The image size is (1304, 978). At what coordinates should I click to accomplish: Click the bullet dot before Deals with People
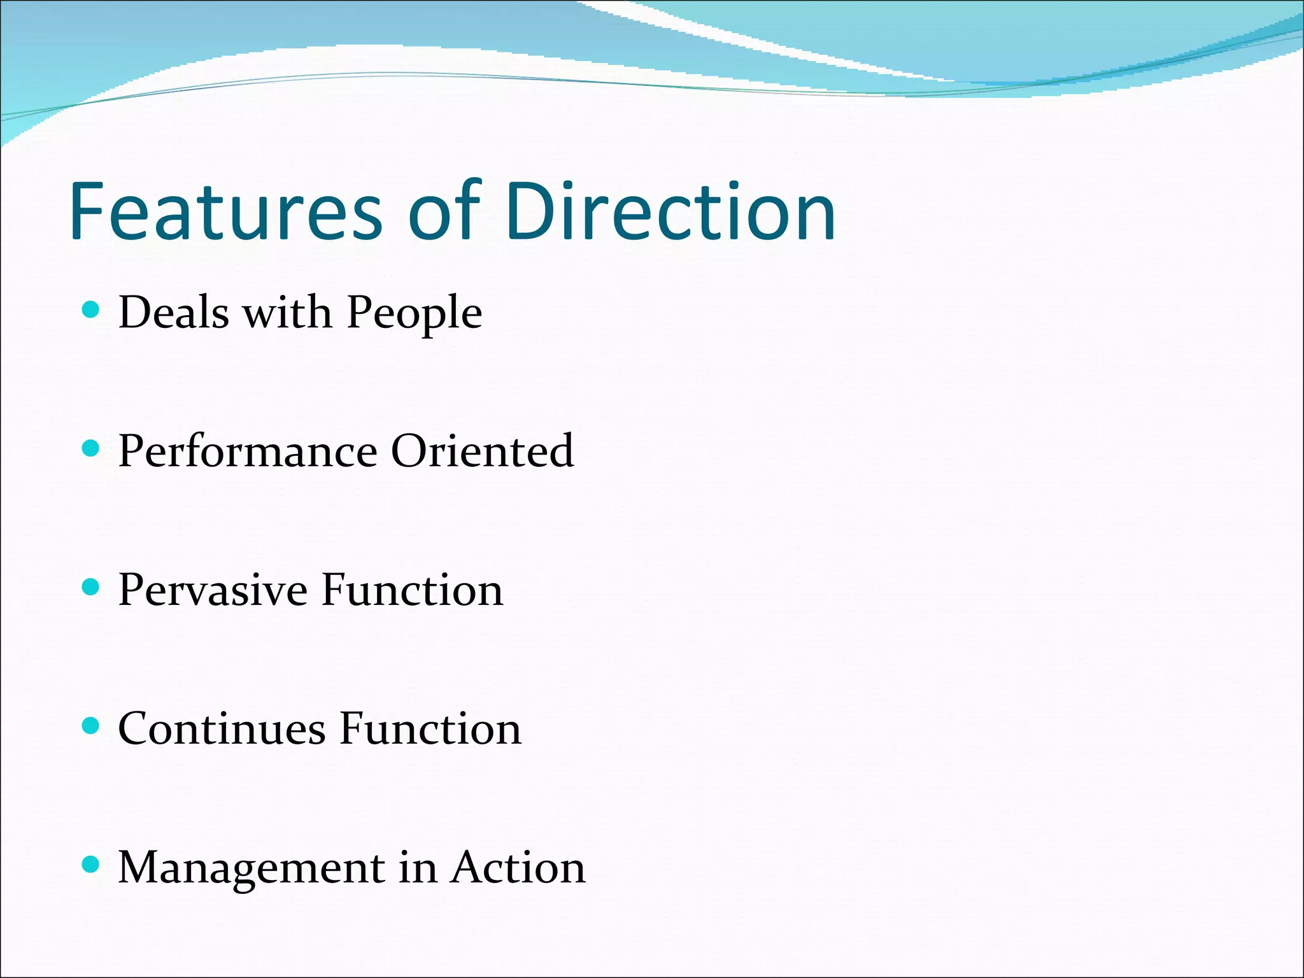pyautogui.click(x=92, y=310)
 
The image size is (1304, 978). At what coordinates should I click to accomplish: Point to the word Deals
pyautogui.click(x=173, y=313)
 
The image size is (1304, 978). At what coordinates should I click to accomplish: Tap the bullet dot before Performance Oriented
pyautogui.click(x=92, y=449)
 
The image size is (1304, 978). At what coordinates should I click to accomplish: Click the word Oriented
pyautogui.click(x=482, y=451)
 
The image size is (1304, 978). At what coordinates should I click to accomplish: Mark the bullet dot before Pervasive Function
pyautogui.click(x=92, y=587)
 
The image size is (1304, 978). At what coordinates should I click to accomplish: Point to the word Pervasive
pyautogui.click(x=213, y=590)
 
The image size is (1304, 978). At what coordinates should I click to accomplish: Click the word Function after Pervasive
pyautogui.click(x=412, y=590)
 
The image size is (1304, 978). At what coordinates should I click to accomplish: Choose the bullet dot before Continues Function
pyautogui.click(x=92, y=726)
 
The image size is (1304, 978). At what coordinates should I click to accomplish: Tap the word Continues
pyautogui.click(x=222, y=728)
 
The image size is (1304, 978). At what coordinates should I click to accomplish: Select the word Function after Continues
pyautogui.click(x=430, y=728)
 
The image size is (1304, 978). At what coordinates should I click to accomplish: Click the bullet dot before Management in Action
pyautogui.click(x=92, y=864)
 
